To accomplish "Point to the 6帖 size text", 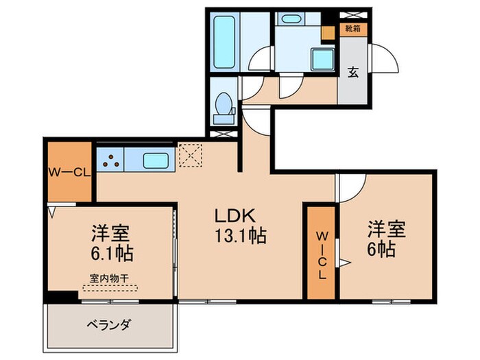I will coord(381,250).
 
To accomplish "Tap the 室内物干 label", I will coord(110,278).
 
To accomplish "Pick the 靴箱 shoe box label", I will coord(355,29).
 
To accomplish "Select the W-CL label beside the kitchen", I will coord(69,173).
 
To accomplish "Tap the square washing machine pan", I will coord(323,60).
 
